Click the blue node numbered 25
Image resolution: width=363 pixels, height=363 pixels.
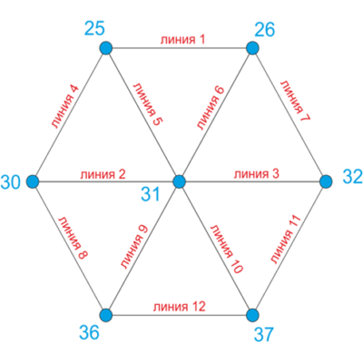[106, 48]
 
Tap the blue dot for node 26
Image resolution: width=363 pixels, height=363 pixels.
[252, 48]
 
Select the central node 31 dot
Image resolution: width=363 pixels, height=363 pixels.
[179, 181]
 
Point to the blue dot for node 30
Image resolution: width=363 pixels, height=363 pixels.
[33, 181]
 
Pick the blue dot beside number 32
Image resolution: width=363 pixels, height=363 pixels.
[326, 181]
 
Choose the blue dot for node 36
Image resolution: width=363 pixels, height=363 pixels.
[106, 315]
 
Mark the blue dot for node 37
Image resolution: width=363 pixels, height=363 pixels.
[252, 315]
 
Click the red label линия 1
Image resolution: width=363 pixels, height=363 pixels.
[182, 40]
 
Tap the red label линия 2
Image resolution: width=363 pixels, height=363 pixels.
[103, 174]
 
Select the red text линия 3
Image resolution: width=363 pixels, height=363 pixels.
[257, 174]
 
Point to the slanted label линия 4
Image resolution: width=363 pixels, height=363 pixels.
[65, 107]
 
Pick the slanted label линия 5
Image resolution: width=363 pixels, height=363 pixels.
[148, 104]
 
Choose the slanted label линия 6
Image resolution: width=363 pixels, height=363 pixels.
[211, 108]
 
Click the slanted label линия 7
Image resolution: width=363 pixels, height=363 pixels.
[295, 101]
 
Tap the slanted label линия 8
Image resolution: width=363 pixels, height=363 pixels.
[73, 238]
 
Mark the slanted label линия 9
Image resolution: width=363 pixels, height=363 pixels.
[133, 247]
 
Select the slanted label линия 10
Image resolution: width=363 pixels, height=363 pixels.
[226, 249]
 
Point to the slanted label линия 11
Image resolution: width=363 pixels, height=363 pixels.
[285, 240]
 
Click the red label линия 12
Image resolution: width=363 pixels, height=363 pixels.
[180, 307]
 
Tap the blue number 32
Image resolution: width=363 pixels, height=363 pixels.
[353, 176]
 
